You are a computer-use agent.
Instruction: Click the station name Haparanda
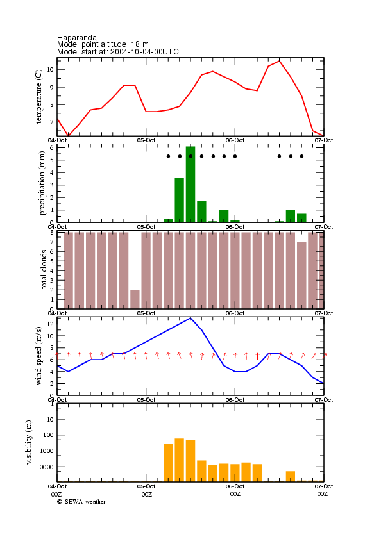click(x=77, y=37)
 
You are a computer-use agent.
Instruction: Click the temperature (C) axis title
click(x=38, y=96)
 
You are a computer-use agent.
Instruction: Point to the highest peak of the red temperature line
click(x=279, y=61)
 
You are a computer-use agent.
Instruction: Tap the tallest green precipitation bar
click(x=190, y=184)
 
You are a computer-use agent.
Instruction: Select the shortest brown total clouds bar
click(x=135, y=299)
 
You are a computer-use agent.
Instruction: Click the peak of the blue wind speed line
click(x=190, y=318)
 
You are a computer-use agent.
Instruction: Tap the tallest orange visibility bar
click(x=180, y=460)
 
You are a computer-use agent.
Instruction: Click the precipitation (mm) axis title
click(x=42, y=183)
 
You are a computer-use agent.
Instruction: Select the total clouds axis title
click(x=44, y=269)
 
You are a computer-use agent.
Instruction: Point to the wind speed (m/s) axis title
click(x=38, y=356)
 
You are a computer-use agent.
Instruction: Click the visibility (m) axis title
click(x=28, y=442)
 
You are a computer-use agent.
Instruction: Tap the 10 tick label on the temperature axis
click(x=50, y=69)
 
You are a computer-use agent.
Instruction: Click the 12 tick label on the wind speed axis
click(x=50, y=324)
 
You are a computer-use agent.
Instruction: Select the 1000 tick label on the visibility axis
click(x=47, y=451)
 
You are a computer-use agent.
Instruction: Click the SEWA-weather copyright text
click(x=81, y=502)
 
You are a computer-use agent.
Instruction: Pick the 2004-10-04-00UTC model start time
click(x=144, y=52)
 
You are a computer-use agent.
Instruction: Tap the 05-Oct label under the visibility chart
click(x=146, y=486)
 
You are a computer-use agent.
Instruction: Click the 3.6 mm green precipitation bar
click(x=180, y=200)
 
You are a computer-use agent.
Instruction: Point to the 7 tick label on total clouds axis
click(x=52, y=242)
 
